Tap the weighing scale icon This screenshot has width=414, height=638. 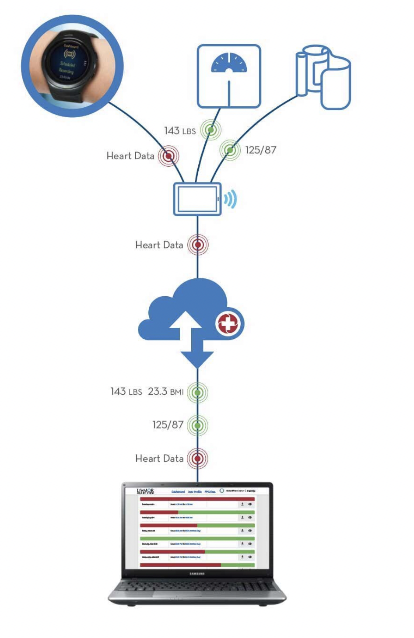point(229,76)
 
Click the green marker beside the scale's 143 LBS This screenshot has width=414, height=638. point(211,130)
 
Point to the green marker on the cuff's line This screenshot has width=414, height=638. point(230,150)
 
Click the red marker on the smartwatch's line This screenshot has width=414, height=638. point(168,156)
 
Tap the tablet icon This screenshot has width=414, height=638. point(197,199)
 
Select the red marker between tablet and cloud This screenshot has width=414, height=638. point(198,245)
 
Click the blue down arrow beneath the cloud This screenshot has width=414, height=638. point(197,357)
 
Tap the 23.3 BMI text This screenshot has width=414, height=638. point(165,391)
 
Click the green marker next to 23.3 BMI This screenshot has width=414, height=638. point(197,393)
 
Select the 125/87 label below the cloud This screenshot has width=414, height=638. point(168,424)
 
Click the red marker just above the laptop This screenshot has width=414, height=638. point(197,458)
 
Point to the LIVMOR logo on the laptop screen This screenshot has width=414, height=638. point(145,491)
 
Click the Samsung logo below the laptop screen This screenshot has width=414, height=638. point(197,573)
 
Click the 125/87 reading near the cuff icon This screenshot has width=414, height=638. point(260,150)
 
